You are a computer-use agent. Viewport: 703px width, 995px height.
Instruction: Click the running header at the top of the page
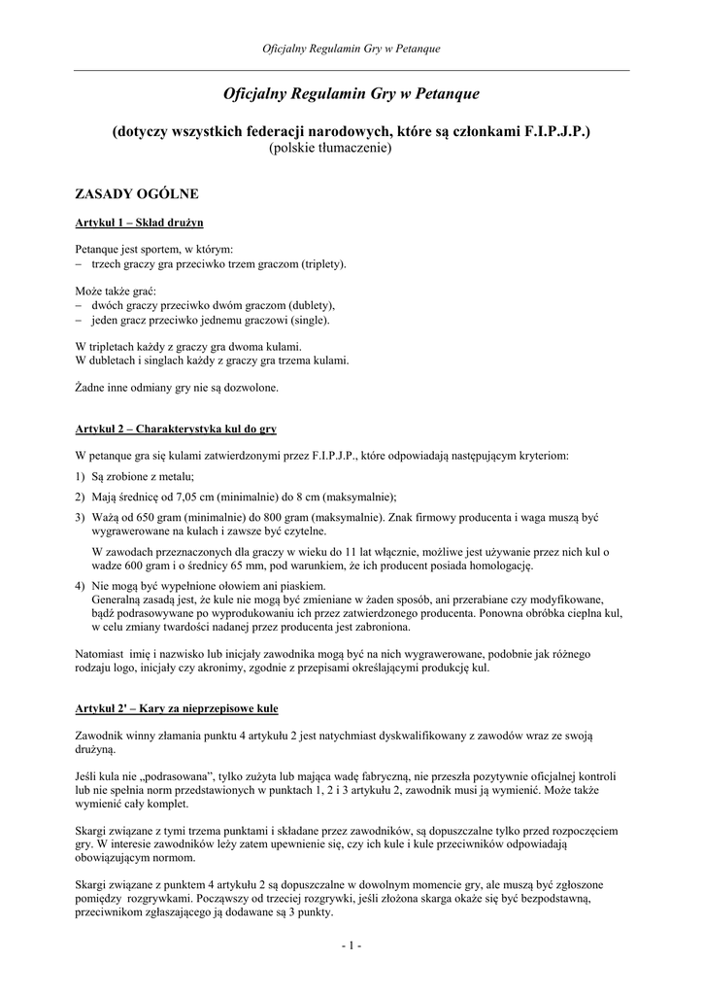click(x=351, y=49)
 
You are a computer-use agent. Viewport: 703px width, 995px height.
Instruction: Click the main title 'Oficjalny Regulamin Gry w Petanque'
click(x=351, y=94)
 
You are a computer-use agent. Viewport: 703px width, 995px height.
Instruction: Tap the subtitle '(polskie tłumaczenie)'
click(x=329, y=148)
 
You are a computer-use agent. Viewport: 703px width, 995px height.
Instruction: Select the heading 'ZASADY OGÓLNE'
click(x=137, y=194)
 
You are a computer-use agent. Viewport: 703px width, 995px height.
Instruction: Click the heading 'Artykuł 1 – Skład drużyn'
click(x=139, y=222)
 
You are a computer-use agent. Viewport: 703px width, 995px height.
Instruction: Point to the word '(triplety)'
click(x=323, y=263)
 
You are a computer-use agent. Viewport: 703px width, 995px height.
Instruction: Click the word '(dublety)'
click(x=311, y=304)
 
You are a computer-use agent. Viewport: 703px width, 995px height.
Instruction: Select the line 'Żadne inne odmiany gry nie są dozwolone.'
click(x=177, y=387)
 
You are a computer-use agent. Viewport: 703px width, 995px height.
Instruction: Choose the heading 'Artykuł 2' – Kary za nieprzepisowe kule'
click(x=177, y=706)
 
